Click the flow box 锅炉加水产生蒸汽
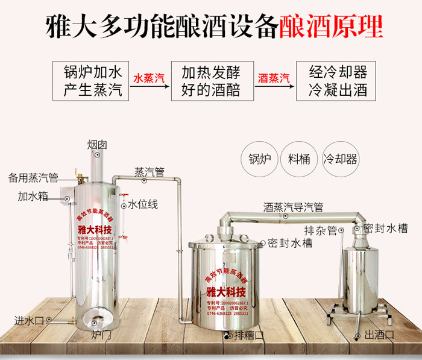point(92,80)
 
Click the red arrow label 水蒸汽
point(149,78)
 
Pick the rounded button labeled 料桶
point(299,159)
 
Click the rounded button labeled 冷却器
point(341,159)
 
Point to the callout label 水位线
point(143,205)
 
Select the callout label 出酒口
point(379,335)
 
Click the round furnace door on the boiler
point(94,320)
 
